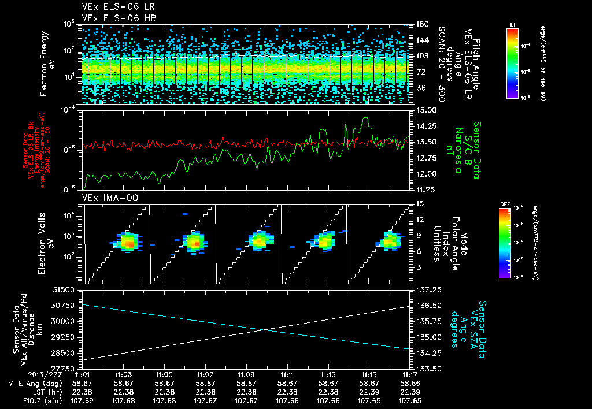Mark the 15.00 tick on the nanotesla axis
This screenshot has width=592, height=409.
click(425, 110)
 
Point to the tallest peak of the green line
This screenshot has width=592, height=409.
click(365, 118)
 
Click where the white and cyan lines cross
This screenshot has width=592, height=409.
click(264, 330)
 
